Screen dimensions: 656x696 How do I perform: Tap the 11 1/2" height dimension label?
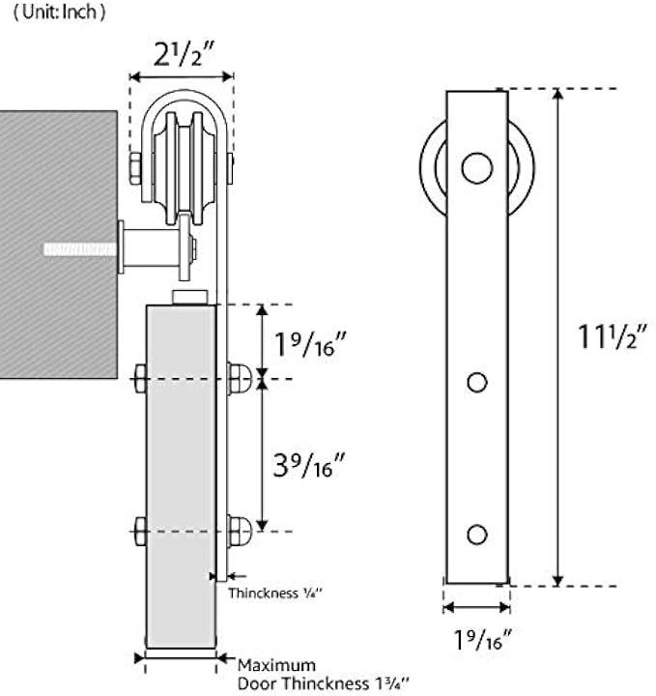pos(612,337)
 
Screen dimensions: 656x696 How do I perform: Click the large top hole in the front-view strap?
pos(476,167)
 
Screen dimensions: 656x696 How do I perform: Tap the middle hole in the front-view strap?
pos(476,383)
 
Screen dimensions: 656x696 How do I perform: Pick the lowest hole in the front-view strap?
pos(476,534)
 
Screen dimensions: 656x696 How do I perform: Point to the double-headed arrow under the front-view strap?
pos(476,608)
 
